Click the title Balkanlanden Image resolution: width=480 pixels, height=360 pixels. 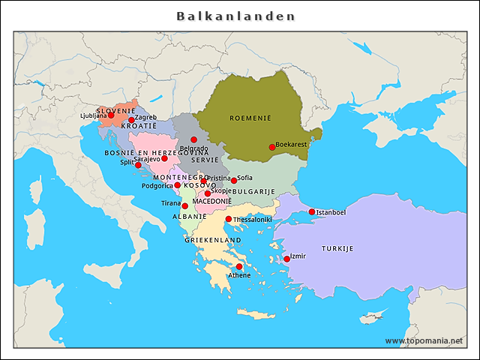[235, 16]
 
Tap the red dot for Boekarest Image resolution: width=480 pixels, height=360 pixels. [272, 147]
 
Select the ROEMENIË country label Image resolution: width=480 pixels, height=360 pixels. [250, 118]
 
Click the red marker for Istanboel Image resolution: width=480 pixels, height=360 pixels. [312, 211]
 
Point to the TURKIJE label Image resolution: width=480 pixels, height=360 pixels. [337, 248]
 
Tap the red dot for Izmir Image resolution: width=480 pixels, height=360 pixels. [287, 259]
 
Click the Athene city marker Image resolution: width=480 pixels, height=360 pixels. [239, 266]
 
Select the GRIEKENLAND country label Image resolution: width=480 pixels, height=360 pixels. [213, 240]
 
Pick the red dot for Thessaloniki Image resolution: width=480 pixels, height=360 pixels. [229, 219]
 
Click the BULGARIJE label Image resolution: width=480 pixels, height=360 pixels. [253, 192]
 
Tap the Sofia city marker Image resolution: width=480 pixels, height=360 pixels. [234, 181]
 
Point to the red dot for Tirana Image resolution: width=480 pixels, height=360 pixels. [185, 205]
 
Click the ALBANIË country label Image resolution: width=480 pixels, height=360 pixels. [189, 216]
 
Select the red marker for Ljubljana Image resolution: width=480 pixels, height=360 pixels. [111, 115]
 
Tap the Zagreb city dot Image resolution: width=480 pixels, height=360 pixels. [131, 120]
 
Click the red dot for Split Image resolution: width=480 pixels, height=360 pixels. [138, 165]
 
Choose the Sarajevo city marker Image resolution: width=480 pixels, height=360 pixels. [165, 158]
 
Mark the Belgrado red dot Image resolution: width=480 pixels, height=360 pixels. [193, 139]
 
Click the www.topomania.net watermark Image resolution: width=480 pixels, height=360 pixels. [424, 340]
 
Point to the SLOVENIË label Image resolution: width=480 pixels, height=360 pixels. [115, 110]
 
